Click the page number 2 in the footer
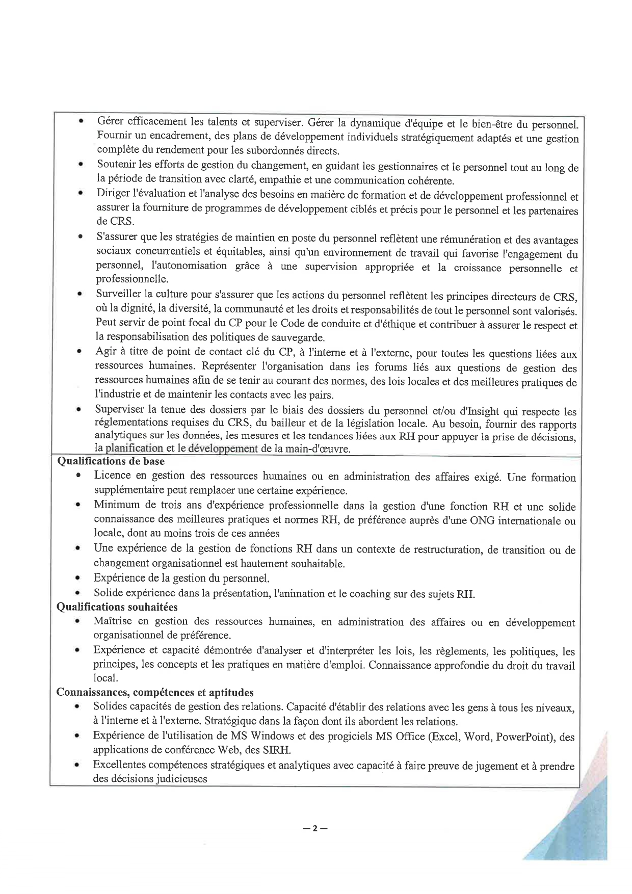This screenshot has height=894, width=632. click(314, 828)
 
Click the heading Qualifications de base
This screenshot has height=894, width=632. click(111, 461)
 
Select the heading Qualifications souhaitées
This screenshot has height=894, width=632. click(117, 607)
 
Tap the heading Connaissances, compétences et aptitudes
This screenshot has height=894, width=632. click(155, 693)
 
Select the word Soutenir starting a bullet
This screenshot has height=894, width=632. click(116, 165)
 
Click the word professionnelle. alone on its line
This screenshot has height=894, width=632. click(131, 279)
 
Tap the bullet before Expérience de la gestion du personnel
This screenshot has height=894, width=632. click(77, 579)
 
